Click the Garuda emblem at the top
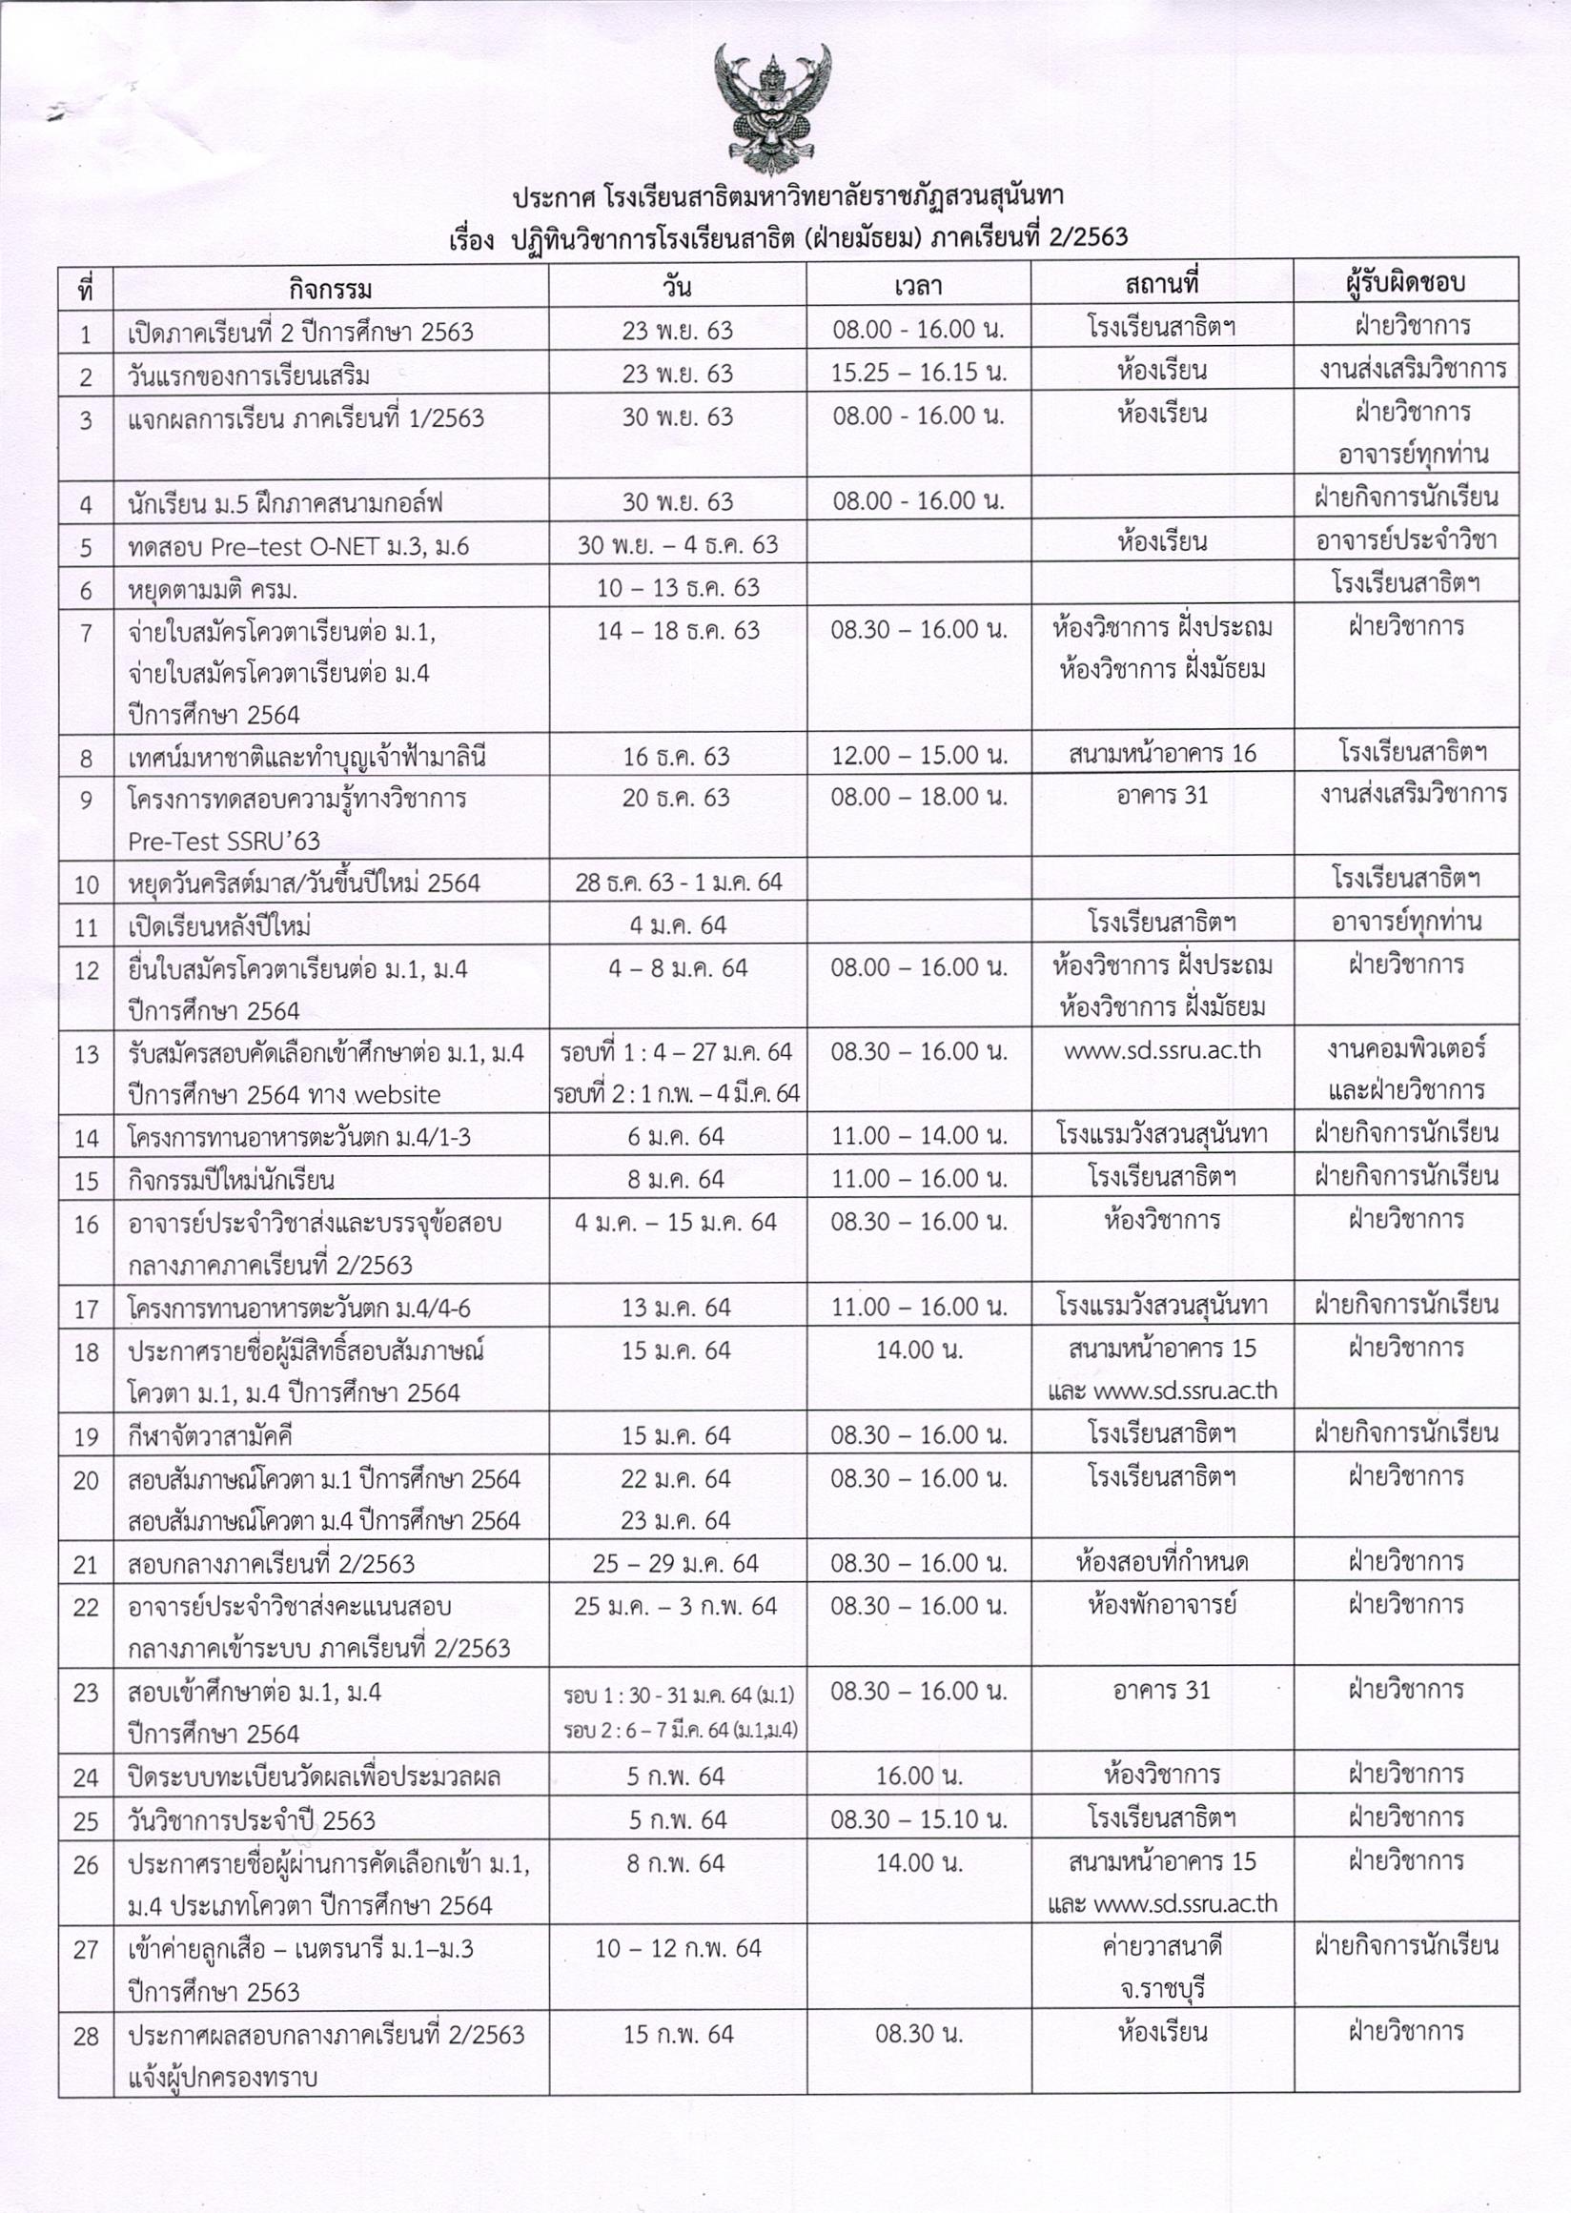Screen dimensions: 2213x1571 click(x=771, y=110)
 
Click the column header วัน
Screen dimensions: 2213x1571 click(x=677, y=286)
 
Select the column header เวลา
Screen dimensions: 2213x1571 click(x=918, y=286)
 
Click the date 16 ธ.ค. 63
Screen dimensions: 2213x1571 click(x=676, y=757)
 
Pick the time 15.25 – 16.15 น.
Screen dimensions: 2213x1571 click(x=918, y=374)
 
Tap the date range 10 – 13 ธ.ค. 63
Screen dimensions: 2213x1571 click(x=677, y=587)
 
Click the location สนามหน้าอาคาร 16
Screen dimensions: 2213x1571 click(x=1162, y=754)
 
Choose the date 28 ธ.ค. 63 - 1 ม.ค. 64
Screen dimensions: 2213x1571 click(x=678, y=883)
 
